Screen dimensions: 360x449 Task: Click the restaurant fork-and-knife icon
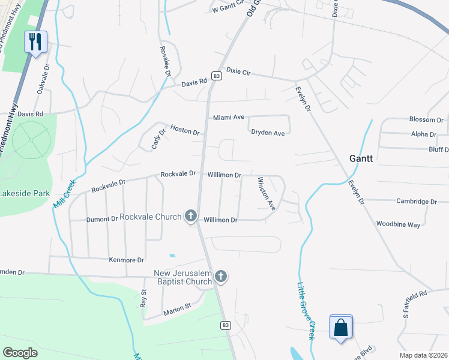35,41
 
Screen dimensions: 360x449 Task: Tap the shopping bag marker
340,328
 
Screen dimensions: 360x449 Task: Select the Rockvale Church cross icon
191,215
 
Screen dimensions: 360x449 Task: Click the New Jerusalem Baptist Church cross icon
221,276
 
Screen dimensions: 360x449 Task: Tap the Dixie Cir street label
238,72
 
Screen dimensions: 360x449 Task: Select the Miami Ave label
229,118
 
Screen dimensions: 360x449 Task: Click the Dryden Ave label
268,133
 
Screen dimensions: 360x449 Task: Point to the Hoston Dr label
184,128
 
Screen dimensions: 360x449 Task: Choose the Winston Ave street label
266,193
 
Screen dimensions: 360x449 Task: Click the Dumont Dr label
102,220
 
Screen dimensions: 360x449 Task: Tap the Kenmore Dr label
126,260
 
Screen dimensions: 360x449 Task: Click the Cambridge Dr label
417,202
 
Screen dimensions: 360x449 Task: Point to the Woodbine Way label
399,224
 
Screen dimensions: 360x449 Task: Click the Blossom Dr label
426,119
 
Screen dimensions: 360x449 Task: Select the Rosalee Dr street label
164,61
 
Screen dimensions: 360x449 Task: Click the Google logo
20,353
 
